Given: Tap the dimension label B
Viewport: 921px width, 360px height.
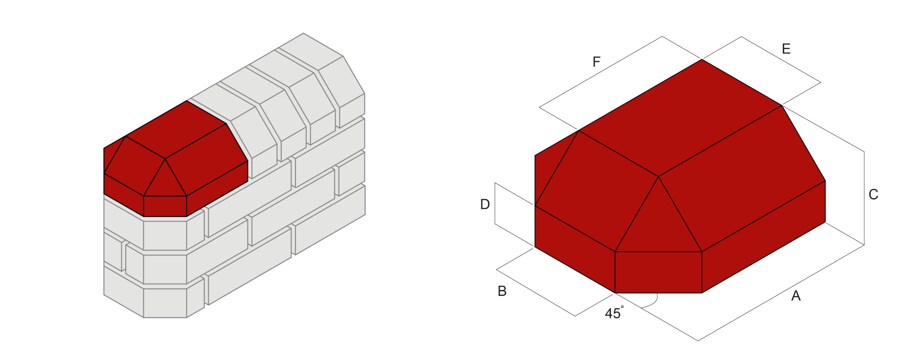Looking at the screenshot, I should coord(502,291).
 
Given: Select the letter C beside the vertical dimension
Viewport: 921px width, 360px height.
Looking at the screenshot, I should coord(873,195).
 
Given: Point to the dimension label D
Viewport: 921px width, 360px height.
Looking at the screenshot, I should coord(485,204).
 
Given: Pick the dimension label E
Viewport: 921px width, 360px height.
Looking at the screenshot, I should coord(786,49).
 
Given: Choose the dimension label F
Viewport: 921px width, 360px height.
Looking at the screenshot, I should coord(596,62).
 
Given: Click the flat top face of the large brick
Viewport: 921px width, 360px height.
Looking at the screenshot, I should coord(679,118).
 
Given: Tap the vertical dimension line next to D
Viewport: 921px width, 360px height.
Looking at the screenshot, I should coord(495,204).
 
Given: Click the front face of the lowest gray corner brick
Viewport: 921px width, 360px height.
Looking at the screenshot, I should coord(165,303).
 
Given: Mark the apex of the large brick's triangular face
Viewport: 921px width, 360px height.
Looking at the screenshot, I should coord(659,177).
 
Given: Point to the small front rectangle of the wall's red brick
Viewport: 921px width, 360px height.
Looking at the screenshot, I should coord(165,206).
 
